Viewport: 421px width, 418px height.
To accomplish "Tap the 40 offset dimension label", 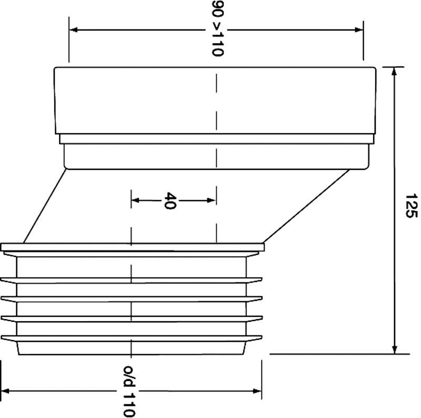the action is [x=171, y=200].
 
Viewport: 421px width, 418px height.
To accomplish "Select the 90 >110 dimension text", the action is [x=217, y=28].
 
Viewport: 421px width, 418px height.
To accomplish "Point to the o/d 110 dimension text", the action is [x=129, y=391].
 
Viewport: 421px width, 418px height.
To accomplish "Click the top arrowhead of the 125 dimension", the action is [x=394, y=72].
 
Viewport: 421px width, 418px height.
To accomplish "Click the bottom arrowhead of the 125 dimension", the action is [x=394, y=349].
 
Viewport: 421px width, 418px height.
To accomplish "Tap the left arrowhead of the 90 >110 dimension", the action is [x=74, y=29].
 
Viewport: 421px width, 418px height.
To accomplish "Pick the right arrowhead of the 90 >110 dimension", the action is [x=359, y=30].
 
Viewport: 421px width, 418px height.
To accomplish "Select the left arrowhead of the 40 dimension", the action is [x=135, y=200].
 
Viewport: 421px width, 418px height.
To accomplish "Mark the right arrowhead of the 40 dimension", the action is [x=212, y=200].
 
